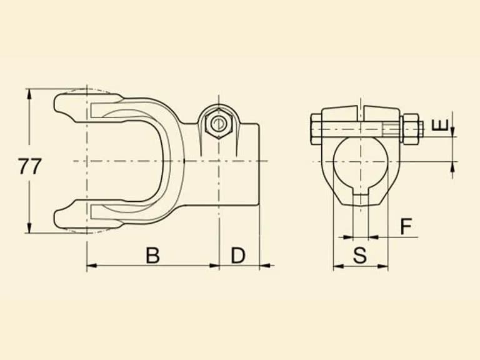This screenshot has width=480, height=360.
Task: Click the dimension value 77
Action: pyautogui.click(x=30, y=166)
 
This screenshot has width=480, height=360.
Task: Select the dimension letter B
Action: pyautogui.click(x=152, y=255)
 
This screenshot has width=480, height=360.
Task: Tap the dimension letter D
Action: pyautogui.click(x=238, y=255)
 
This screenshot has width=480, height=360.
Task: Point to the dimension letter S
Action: pyautogui.click(x=360, y=255)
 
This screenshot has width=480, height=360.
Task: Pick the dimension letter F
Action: pyautogui.click(x=406, y=226)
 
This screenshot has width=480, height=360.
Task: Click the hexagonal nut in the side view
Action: pyautogui.click(x=219, y=123)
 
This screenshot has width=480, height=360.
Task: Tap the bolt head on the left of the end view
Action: pyautogui.click(x=316, y=129)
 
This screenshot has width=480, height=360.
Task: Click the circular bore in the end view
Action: pyautogui.click(x=361, y=164)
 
